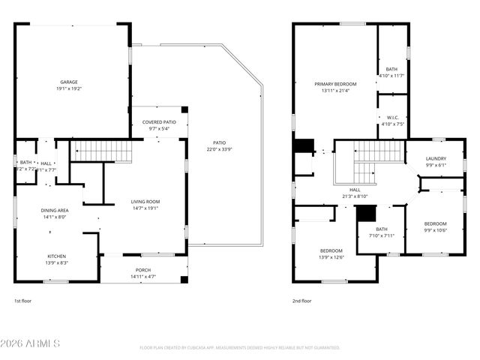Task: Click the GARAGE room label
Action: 69,82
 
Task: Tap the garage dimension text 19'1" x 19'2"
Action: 69,88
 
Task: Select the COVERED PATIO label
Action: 159,121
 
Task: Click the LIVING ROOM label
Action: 145,201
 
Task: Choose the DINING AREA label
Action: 54,210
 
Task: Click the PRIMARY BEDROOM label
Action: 335,83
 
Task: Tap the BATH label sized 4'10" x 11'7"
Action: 392,69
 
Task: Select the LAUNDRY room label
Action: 436,158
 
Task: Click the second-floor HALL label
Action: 355,190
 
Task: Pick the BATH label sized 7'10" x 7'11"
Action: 382,229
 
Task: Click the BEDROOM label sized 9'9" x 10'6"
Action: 435,223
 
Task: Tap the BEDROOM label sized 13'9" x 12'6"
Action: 331,250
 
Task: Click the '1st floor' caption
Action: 23,301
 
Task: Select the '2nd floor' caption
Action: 301,301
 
